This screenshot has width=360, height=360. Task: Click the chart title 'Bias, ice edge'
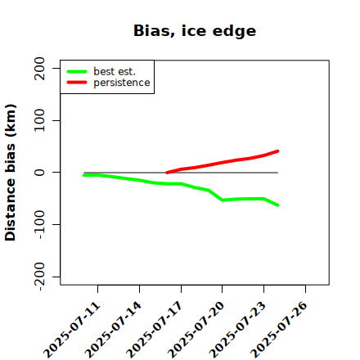195,31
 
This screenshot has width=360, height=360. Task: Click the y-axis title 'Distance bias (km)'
11,173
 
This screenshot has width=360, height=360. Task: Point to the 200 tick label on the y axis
39,69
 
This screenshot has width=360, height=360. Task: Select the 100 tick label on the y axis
39,120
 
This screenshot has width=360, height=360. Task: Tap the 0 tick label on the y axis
39,173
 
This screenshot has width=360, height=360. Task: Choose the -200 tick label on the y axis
40,277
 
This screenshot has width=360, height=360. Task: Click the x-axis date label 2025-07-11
72,330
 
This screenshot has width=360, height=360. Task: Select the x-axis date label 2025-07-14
114,330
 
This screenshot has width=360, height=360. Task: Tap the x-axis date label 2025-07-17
155,330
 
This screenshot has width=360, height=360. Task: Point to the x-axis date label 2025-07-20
196,330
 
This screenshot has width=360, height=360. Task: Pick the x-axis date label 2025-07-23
238,330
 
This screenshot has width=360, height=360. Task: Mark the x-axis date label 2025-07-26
279,330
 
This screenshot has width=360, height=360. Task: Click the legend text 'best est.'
115,71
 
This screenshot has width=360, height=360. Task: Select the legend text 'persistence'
122,83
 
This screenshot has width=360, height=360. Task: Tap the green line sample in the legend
77,71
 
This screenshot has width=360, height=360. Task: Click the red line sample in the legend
77,83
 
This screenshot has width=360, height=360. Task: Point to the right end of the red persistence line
277,151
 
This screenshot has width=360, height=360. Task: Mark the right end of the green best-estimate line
277,205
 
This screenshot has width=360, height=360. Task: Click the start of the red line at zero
167,173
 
